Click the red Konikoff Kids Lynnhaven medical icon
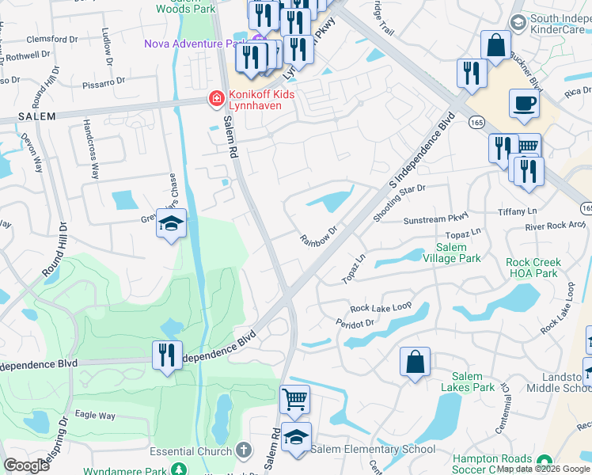tap(214, 99)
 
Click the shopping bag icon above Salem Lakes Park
tap(415, 363)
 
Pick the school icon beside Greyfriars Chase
tap(170, 224)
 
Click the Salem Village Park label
tap(461, 253)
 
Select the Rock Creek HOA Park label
tap(533, 268)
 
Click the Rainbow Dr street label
tap(318, 234)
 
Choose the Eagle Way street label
tap(94, 415)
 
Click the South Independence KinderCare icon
tap(518, 22)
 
